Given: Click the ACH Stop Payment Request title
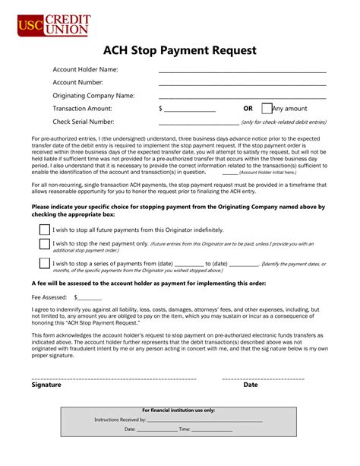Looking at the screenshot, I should pyautogui.click(x=179, y=51).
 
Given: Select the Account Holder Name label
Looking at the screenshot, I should pyautogui.click(x=85, y=70).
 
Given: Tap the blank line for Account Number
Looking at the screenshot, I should pyautogui.click(x=242, y=85).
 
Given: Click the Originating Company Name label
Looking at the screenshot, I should pyautogui.click(x=93, y=96).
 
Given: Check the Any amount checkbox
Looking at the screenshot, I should pyautogui.click(x=267, y=109).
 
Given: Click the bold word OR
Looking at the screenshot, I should pyautogui.click(x=248, y=109).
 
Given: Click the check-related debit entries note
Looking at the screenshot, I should pyautogui.click(x=283, y=122).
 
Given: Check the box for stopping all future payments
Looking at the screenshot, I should pyautogui.click(x=44, y=229).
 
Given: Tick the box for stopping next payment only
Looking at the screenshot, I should pyautogui.click(x=44, y=245).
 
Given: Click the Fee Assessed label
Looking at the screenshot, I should pyautogui.click(x=49, y=297).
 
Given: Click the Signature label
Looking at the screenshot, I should pyautogui.click(x=46, y=385).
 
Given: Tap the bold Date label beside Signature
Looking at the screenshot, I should pyautogui.click(x=251, y=385).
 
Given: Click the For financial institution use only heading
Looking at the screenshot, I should pyautogui.click(x=179, y=410).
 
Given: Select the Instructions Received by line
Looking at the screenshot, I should pyautogui.click(x=204, y=420).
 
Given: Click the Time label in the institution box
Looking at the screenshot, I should pyautogui.click(x=185, y=430).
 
